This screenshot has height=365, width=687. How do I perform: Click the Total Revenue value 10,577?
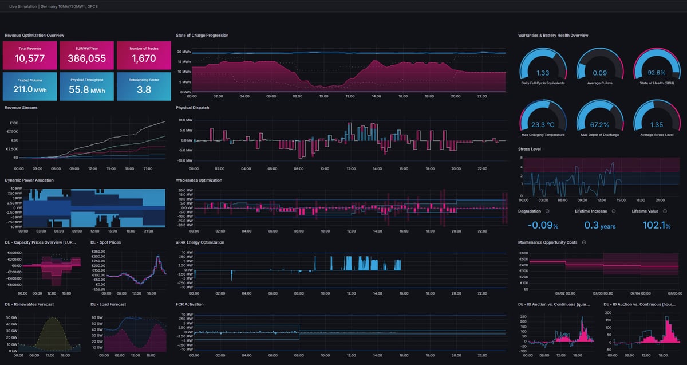coord(30,58)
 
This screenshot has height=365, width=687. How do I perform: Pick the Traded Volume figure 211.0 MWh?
coord(30,89)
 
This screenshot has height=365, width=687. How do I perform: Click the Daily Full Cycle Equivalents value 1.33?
coord(543,73)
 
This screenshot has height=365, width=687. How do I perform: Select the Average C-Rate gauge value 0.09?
coord(599,73)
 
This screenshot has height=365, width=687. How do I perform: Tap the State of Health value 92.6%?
coord(657,73)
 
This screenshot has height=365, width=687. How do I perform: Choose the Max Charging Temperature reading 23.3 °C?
coord(543,124)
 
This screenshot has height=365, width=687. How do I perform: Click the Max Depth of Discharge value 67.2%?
coord(599,124)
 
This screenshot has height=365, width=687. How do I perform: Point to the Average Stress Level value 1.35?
coord(657,124)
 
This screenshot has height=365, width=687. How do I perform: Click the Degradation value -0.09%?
coord(542,226)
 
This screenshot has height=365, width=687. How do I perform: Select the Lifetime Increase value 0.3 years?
coord(599,226)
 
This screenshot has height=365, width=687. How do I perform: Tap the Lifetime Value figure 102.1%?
coord(656,226)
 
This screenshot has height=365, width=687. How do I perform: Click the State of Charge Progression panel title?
coord(202,36)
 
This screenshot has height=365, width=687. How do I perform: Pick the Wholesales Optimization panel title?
coord(199,180)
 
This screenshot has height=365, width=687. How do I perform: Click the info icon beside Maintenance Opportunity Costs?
coord(584,242)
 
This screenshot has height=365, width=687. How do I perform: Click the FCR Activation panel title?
coord(189,304)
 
